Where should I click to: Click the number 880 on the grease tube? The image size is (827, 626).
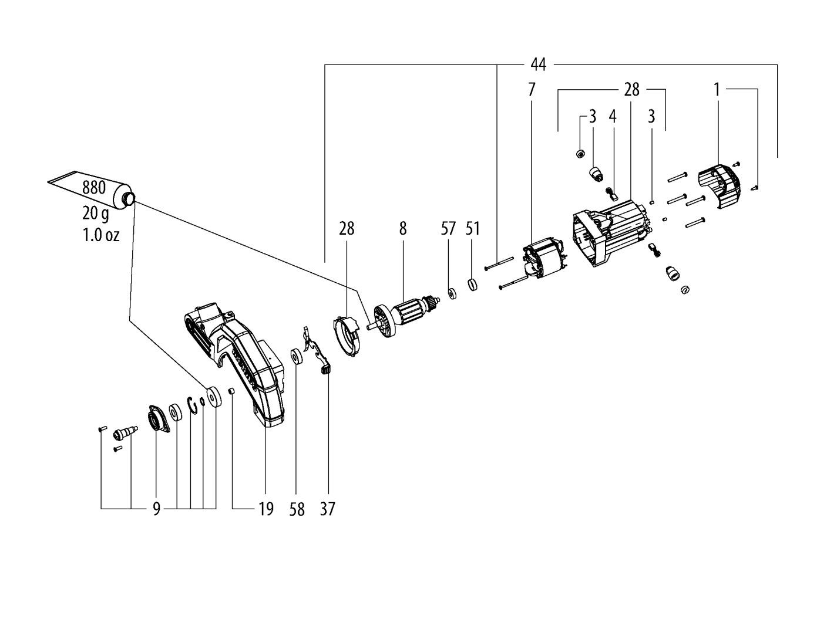point(94,187)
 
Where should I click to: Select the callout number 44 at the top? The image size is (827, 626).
point(538,65)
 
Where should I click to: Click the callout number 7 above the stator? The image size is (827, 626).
point(531,90)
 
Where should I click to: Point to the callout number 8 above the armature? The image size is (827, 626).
point(403,228)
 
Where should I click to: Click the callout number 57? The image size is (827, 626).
point(448,228)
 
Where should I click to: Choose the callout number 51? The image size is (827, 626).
point(472,228)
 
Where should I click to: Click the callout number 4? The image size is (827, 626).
point(613,117)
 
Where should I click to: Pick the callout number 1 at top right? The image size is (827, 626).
point(717,90)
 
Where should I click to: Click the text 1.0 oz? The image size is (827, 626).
point(100,235)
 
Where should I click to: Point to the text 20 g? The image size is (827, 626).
point(95,214)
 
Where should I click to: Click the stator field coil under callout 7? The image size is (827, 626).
point(544,259)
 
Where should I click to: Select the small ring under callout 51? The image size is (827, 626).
point(472,284)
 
